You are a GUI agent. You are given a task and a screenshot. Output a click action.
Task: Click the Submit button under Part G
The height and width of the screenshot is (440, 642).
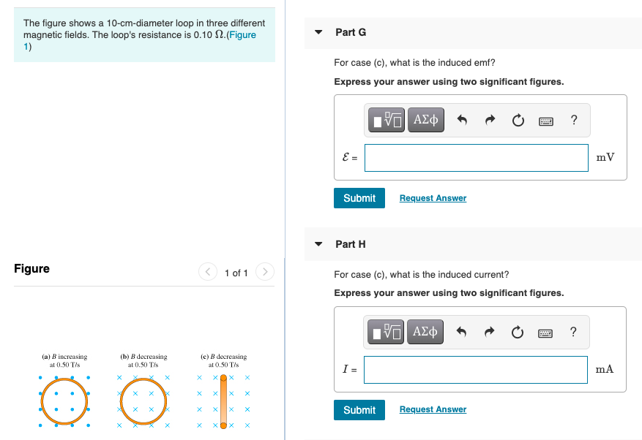(x=359, y=198)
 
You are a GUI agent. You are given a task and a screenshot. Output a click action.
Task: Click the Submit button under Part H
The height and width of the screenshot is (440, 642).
(x=359, y=410)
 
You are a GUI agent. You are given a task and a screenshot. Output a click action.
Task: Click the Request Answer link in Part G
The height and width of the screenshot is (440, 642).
(x=433, y=198)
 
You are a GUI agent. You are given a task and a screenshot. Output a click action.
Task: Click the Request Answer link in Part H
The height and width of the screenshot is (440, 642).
(x=433, y=409)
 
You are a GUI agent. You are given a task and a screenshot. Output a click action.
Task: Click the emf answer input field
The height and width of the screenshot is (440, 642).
(x=476, y=158)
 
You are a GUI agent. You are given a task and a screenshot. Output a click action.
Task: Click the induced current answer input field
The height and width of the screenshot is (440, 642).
(x=476, y=370)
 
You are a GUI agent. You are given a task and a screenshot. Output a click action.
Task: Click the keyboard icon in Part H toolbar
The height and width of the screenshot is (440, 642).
(x=545, y=333)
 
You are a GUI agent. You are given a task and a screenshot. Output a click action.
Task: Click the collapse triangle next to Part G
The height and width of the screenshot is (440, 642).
(x=318, y=33)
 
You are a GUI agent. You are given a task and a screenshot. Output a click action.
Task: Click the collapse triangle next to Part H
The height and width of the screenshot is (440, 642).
(x=318, y=245)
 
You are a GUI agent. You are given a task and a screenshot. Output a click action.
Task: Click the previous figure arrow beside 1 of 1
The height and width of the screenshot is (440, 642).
(x=207, y=273)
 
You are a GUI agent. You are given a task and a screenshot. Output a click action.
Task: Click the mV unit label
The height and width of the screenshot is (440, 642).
(x=605, y=158)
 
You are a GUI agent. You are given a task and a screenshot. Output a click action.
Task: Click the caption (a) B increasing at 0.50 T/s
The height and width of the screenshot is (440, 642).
(x=64, y=360)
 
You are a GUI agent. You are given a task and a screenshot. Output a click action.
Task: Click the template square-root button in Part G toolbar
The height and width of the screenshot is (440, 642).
(x=387, y=120)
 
